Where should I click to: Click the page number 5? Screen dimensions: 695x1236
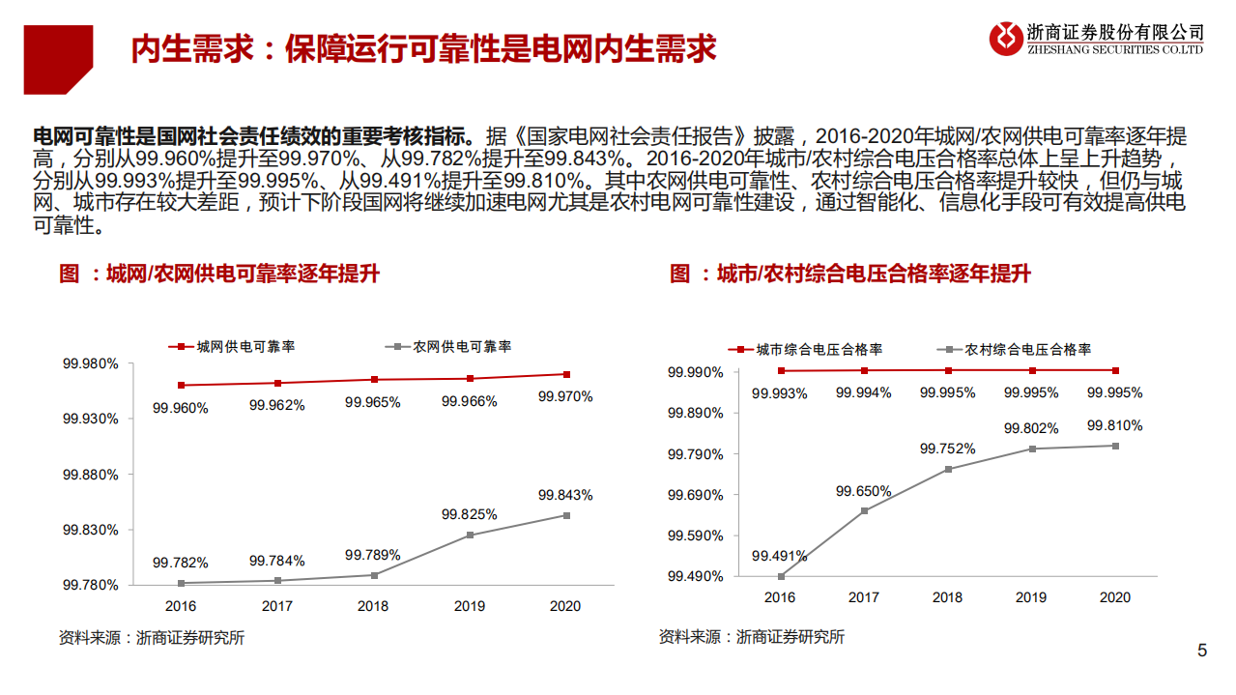pos(1202,651)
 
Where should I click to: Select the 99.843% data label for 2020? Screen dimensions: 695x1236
pos(565,495)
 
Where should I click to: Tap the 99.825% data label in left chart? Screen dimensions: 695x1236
pos(469,514)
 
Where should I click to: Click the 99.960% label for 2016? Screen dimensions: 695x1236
pos(180,408)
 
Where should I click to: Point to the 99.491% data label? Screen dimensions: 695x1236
pos(779,556)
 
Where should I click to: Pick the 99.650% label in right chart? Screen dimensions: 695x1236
pos(863,491)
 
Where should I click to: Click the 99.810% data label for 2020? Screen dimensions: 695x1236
pos(1114,425)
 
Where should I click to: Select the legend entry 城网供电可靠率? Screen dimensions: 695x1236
pos(232,346)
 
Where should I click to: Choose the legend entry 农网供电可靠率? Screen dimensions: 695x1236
pos(448,346)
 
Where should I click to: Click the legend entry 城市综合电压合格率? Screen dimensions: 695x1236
pos(805,349)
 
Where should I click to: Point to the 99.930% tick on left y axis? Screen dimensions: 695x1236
pos(93,419)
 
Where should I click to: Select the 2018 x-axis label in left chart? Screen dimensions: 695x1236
pos(373,606)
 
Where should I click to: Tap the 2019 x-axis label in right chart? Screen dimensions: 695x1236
pos(1031,597)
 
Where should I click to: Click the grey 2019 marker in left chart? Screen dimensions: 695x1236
pos(470,535)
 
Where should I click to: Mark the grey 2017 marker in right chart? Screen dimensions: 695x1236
pos(864,510)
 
